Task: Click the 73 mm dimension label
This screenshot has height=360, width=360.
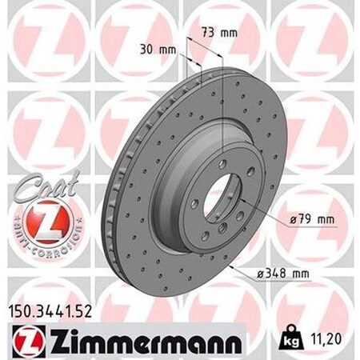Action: [218, 33]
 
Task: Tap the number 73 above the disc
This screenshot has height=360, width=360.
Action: [207, 33]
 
